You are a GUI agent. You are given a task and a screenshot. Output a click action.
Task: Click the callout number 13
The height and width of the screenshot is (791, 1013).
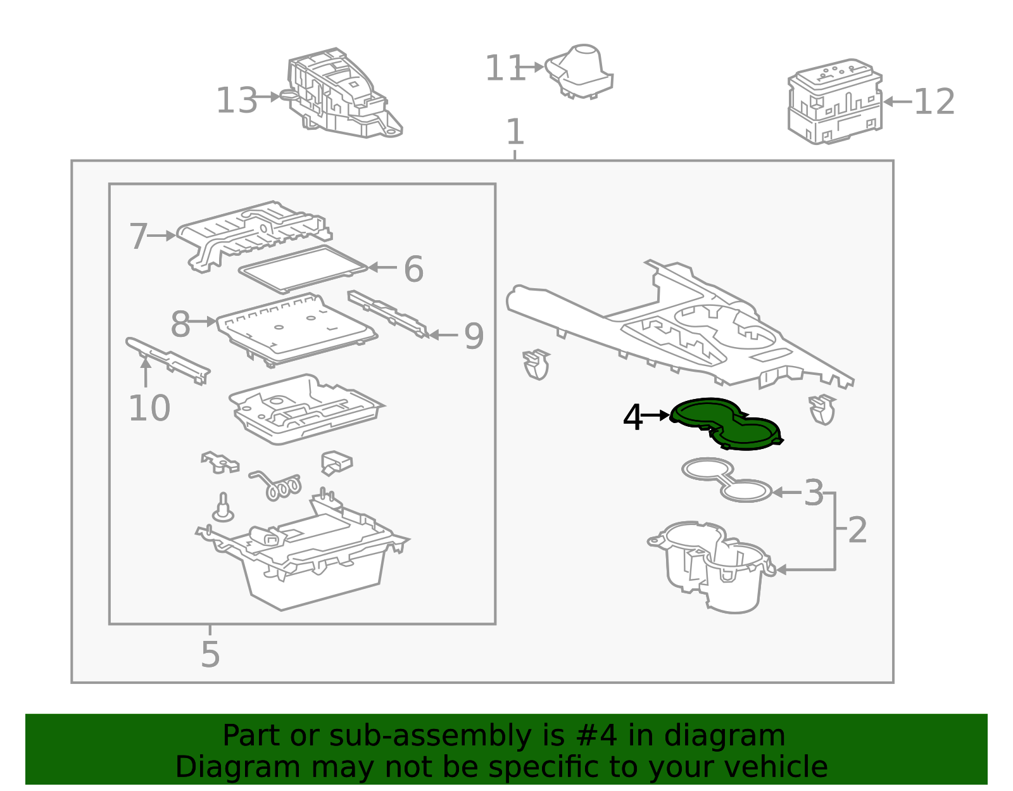pos(236,100)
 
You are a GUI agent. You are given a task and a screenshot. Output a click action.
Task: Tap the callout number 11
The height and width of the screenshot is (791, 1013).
pos(505,68)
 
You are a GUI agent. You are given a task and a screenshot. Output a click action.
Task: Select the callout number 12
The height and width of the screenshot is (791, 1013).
pos(934,101)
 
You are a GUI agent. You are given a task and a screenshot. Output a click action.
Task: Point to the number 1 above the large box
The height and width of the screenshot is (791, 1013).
pos(515,132)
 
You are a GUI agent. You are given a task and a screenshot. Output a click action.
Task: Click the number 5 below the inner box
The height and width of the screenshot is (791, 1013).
pos(210,654)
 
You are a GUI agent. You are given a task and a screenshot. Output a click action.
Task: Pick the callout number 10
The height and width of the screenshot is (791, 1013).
pos(149,408)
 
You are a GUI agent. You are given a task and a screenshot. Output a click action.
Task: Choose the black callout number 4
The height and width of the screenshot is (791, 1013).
pos(632,417)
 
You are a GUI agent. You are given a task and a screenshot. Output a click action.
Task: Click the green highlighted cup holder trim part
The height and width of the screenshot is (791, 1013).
pos(726,424)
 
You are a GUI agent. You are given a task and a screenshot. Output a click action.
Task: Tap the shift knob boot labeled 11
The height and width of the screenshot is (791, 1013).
pos(579,72)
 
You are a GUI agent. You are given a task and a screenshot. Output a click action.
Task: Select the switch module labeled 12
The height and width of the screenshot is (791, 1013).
pos(835,101)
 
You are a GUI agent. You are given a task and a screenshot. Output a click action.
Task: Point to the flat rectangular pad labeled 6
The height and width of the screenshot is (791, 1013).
pos(303,269)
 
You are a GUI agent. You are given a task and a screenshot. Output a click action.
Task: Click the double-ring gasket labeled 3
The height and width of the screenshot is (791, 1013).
pos(726,479)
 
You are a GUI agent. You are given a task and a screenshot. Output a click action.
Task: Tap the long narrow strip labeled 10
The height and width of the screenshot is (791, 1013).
pos(168,360)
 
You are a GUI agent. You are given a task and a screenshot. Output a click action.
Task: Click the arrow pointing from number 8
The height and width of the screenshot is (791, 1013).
pos(202,322)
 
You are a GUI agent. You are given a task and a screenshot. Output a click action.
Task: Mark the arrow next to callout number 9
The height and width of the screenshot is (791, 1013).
pos(443,334)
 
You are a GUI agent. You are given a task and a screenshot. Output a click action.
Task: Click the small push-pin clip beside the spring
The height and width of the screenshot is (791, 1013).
pos(223,508)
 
